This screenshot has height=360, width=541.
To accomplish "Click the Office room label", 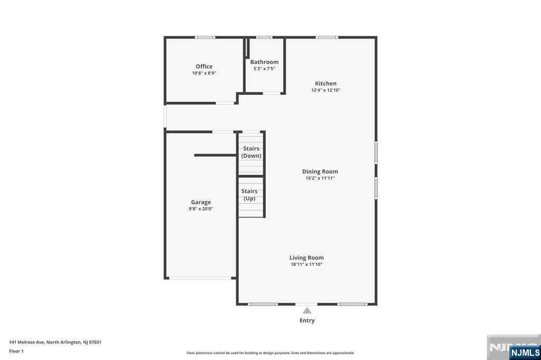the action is (x=204, y=67).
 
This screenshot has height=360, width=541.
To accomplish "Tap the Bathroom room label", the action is (x=264, y=62).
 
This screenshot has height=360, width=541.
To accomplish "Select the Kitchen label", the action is (x=325, y=83).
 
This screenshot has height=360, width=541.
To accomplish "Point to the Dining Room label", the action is (x=320, y=172).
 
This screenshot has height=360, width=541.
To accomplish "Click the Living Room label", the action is (x=306, y=258).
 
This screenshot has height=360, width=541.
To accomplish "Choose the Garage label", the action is (x=201, y=202).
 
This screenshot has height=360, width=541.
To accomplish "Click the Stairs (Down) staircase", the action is (x=251, y=154).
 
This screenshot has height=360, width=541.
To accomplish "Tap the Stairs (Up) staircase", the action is (x=251, y=197).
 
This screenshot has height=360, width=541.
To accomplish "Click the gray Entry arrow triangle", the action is (x=307, y=311).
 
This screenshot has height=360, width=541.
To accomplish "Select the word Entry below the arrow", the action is (x=307, y=320).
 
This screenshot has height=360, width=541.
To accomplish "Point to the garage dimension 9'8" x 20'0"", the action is (x=201, y=209).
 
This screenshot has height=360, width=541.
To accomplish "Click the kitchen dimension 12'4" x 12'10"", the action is (x=325, y=90).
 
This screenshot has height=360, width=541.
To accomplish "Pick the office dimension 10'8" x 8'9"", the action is (x=204, y=73).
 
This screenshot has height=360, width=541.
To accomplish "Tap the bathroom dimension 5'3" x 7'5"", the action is (x=264, y=69).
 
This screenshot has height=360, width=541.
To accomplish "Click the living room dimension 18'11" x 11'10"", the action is (x=306, y=264).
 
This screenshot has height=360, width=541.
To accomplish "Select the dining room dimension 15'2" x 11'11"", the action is (x=320, y=178).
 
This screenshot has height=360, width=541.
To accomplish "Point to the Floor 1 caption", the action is (x=16, y=352).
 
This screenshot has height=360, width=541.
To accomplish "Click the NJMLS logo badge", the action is (x=525, y=353).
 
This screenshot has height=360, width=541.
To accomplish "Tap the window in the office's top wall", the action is (x=205, y=37).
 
